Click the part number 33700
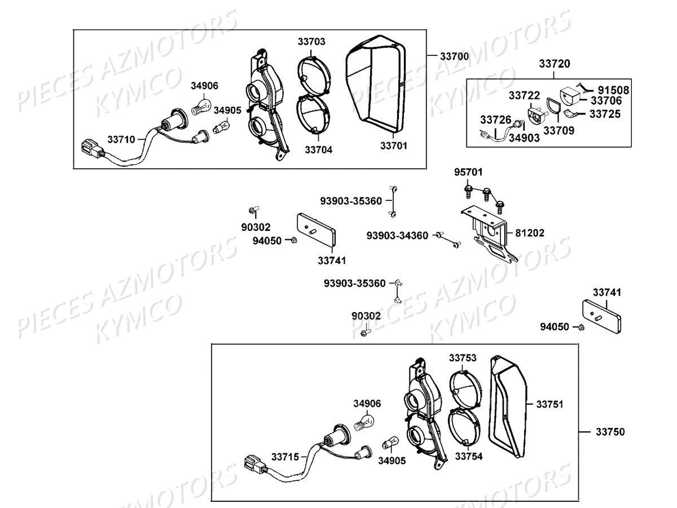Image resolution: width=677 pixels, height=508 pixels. tap(454, 56)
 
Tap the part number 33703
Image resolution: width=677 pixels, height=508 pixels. tap(312, 42)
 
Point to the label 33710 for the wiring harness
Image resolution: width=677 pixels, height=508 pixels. tap(121, 139)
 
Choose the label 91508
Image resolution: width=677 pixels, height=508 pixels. tap(614, 90)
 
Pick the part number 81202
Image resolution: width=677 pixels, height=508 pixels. tap(530, 232)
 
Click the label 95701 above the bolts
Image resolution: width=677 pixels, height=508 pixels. tap(469, 172)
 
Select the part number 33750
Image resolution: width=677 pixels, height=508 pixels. tap(610, 432)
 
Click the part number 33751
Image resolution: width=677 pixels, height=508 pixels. tap(549, 404)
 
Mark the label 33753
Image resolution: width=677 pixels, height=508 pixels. tap(463, 357)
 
